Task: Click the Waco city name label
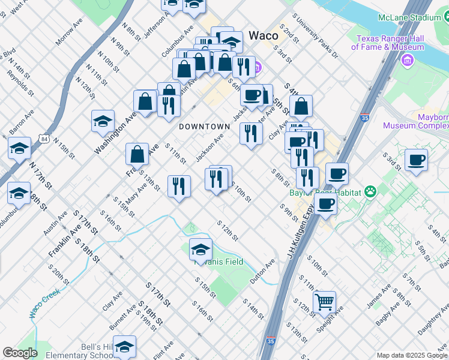[263, 35]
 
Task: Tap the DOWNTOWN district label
[205, 127]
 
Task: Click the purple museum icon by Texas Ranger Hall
[409, 61]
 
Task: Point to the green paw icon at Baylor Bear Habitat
[372, 192]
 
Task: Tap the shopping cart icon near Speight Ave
[324, 301]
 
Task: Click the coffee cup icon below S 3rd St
[416, 160]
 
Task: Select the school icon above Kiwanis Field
[200, 248]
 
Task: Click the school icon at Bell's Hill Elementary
[124, 346]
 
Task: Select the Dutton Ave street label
[262, 271]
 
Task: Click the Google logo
[20, 353]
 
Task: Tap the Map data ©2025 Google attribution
[411, 355]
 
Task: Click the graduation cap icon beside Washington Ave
[103, 121]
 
